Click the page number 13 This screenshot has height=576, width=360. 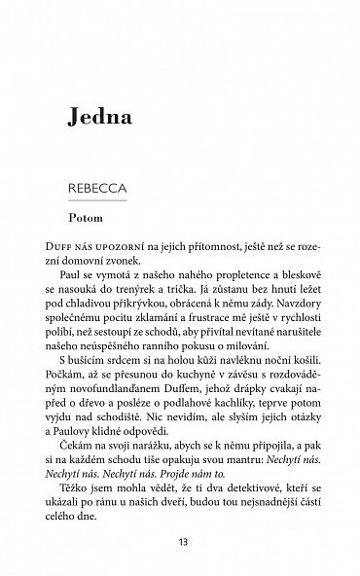(180, 541)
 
